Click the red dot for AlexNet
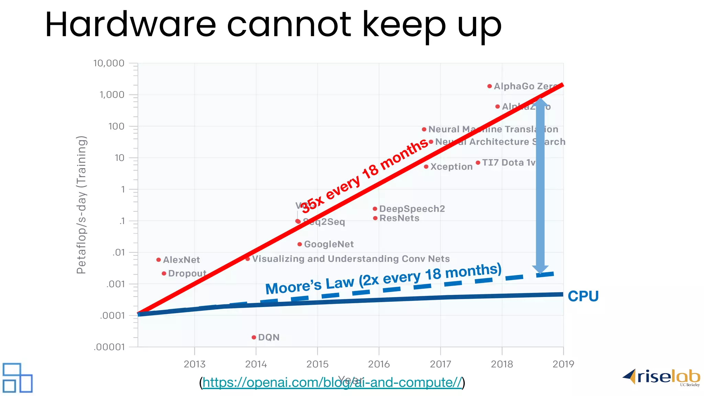tap(158, 260)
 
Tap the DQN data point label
tap(268, 337)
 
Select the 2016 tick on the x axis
tap(379, 364)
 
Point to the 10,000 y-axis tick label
tap(109, 63)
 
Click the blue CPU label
tap(583, 296)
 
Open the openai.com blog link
tap(332, 383)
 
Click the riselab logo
tap(662, 377)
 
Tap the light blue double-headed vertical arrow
tap(540, 186)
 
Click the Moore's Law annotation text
tap(383, 279)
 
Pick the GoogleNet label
tap(329, 244)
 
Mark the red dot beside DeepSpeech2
tap(375, 209)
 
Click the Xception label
tap(451, 167)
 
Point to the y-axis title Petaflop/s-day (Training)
tap(81, 205)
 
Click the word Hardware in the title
tap(131, 25)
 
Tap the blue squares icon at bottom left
tap(17, 378)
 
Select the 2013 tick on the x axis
tap(195, 364)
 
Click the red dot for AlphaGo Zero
tap(489, 86)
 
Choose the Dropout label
tap(187, 274)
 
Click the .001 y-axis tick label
tap(115, 284)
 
